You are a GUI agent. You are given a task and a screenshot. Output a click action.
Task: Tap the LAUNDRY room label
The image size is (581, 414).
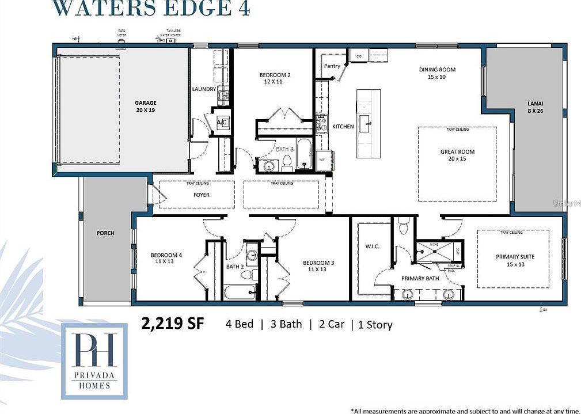click(x=204, y=89)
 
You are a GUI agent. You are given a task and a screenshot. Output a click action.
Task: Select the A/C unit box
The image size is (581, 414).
click(x=223, y=123)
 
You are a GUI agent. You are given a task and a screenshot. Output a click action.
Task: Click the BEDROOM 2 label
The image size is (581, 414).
click(x=275, y=78)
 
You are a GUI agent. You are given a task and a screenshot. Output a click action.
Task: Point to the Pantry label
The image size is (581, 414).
click(x=332, y=66)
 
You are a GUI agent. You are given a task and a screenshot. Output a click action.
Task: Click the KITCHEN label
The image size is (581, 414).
click(x=343, y=127)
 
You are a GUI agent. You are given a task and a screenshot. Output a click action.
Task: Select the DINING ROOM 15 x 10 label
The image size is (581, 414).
click(x=437, y=73)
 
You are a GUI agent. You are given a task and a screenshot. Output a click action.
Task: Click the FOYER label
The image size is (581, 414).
click(x=201, y=195)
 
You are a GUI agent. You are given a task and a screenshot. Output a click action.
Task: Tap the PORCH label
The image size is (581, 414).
click(x=105, y=233)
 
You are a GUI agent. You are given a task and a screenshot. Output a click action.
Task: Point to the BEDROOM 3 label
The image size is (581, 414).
click(x=318, y=266)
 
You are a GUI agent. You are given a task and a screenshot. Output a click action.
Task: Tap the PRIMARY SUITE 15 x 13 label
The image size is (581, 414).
click(x=515, y=260)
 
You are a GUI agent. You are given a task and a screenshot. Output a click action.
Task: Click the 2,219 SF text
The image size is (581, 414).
click(x=172, y=324)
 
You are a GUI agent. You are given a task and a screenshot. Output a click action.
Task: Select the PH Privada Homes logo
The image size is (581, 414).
click(x=94, y=360)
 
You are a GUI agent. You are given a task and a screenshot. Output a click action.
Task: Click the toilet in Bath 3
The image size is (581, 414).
click(x=286, y=165)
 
